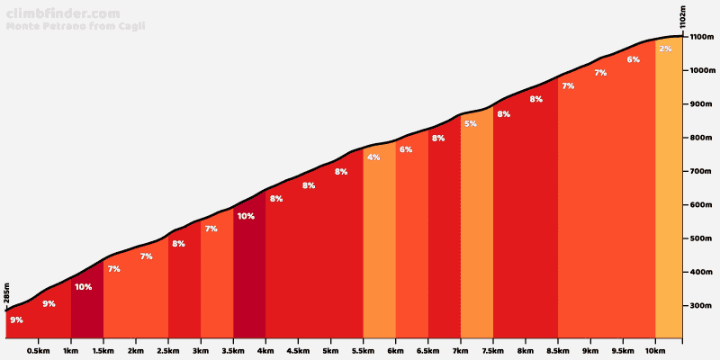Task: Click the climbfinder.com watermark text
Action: click(x=62, y=13)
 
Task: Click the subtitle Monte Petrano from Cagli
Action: click(x=76, y=26)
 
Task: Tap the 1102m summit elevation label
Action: click(x=683, y=18)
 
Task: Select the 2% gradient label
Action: click(x=665, y=49)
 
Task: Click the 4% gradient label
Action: click(x=373, y=157)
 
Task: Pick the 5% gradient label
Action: click(x=471, y=123)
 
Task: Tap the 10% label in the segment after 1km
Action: click(x=83, y=287)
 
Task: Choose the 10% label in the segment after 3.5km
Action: click(x=246, y=216)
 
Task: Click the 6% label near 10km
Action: click(x=634, y=59)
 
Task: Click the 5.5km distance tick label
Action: click(x=363, y=351)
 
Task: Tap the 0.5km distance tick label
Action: click(x=38, y=351)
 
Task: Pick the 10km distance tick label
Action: click(x=654, y=351)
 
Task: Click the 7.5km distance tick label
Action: click(x=492, y=351)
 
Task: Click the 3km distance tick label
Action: click(x=200, y=351)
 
